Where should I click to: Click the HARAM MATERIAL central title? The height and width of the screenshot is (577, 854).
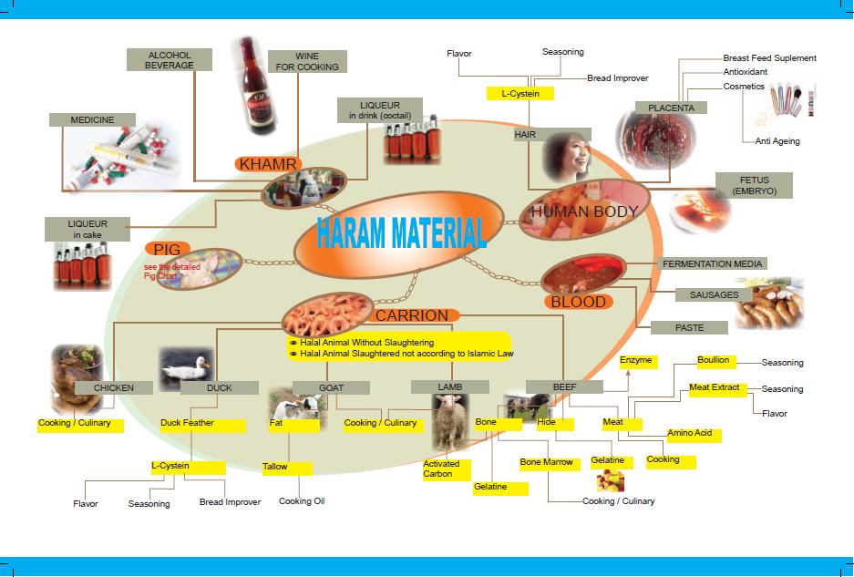pyautogui.click(x=401, y=232)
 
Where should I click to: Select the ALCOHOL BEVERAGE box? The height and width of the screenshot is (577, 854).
pyautogui.click(x=169, y=60)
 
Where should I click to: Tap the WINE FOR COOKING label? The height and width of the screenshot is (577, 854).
pyautogui.click(x=307, y=62)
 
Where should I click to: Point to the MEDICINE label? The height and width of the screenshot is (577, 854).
pyautogui.click(x=92, y=120)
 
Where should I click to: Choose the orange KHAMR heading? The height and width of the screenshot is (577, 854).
pyautogui.click(x=268, y=164)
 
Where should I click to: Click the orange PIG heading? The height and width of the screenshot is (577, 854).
pyautogui.click(x=167, y=250)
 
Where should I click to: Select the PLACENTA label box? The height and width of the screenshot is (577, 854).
pyautogui.click(x=671, y=108)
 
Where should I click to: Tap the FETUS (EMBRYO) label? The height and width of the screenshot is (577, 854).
pyautogui.click(x=755, y=185)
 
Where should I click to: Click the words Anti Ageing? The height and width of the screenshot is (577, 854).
pyautogui.click(x=777, y=141)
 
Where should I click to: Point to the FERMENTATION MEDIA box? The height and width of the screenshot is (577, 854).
pyautogui.click(x=712, y=263)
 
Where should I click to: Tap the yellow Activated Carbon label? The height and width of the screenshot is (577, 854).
pyautogui.click(x=447, y=469)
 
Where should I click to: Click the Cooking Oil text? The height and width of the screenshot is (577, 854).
pyautogui.click(x=302, y=501)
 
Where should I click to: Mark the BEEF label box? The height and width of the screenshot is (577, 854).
pyautogui.click(x=564, y=386)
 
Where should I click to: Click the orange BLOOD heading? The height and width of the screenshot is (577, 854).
pyautogui.click(x=579, y=302)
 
